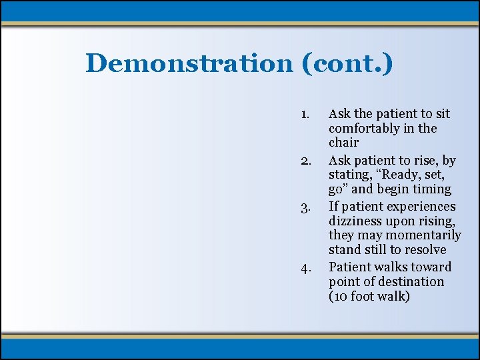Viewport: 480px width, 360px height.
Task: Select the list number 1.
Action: click(x=304, y=114)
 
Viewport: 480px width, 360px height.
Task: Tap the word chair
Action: click(x=343, y=143)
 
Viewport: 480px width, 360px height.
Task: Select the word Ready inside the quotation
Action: click(x=402, y=175)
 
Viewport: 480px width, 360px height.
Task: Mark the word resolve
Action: click(x=425, y=250)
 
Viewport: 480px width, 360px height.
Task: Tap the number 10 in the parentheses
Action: click(x=341, y=296)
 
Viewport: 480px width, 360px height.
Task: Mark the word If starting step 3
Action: click(x=334, y=207)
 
